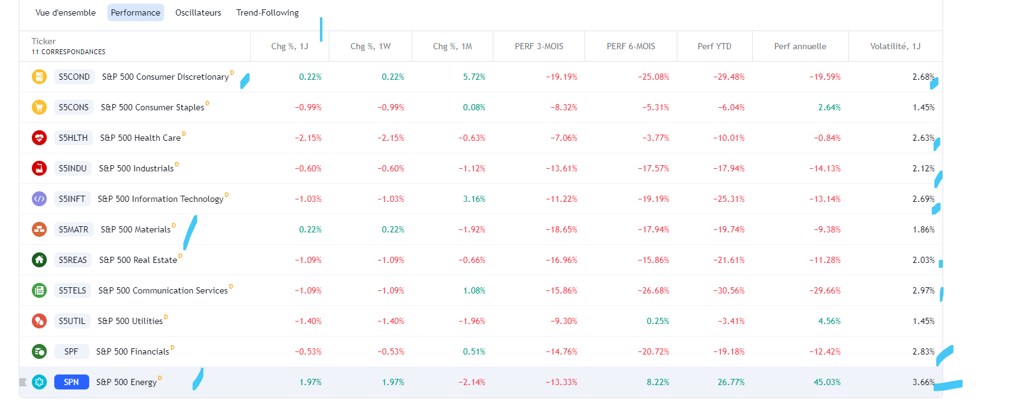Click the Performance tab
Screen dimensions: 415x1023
[x=135, y=12]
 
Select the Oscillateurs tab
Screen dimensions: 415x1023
[x=198, y=12]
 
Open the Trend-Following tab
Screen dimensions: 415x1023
[x=267, y=12]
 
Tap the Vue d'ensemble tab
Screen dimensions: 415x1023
[x=65, y=12]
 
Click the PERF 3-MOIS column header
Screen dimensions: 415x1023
[x=539, y=46]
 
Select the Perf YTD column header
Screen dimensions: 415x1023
[x=714, y=46]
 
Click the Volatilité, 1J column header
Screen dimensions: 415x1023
[x=895, y=46]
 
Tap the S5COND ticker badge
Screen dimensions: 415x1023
[x=74, y=77]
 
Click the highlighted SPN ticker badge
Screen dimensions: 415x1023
[x=71, y=382]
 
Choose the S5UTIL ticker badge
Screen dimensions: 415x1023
[x=72, y=321]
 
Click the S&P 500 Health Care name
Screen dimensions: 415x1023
[x=140, y=138]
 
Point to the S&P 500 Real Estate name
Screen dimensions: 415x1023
[x=138, y=260]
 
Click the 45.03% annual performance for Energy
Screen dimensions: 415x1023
[x=827, y=382]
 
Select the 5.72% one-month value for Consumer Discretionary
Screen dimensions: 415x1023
[x=474, y=77]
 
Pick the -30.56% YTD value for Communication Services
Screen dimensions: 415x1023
[x=729, y=290]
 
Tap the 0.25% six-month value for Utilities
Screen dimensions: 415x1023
[x=657, y=321]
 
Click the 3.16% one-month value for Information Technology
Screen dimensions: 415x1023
[x=474, y=199]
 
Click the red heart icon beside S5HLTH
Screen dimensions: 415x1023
[x=39, y=138]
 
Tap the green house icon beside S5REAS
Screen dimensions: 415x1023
[x=39, y=260]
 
